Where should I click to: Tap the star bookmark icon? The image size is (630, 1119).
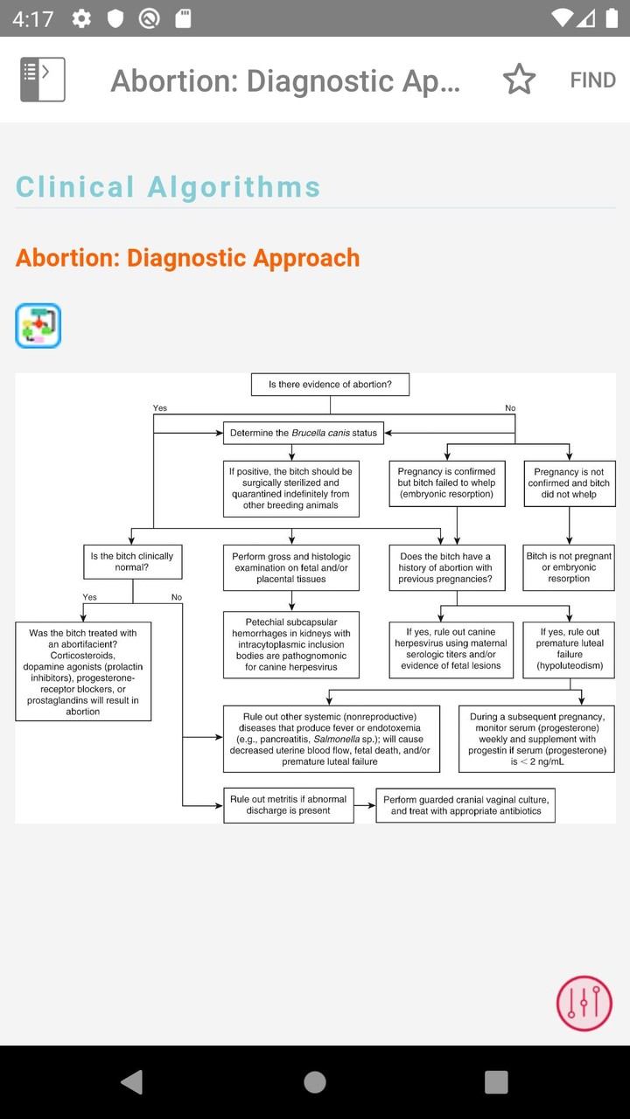519,80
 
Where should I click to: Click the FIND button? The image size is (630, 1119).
592,80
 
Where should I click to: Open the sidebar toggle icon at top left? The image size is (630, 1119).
43,80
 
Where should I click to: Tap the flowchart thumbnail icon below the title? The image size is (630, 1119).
38,326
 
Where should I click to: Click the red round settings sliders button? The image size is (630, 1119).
584,1003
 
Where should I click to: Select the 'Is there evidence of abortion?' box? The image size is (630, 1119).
330,385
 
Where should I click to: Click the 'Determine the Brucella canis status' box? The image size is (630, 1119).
303,433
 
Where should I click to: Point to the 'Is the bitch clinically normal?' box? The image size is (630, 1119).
132,562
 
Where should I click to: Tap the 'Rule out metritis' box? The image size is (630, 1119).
288,805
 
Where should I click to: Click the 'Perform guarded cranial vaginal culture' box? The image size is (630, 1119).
465,805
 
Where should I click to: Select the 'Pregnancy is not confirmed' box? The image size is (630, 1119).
569,483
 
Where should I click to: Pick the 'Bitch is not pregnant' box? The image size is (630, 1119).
569,567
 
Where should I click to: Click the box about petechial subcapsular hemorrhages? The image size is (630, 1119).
290,645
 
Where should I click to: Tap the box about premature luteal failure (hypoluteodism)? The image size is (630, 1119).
569,649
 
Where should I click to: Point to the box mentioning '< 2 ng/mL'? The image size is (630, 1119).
537,739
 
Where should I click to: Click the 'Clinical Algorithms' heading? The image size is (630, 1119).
168,186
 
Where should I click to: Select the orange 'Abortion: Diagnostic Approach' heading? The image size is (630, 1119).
188,258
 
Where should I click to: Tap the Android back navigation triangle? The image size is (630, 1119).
132,1082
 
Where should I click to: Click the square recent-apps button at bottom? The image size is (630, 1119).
496,1082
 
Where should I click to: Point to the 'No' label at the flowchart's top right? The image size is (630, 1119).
510,408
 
